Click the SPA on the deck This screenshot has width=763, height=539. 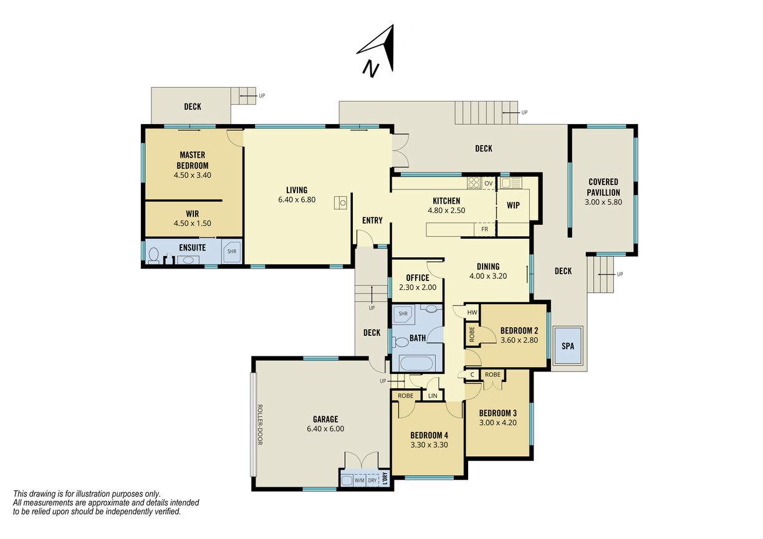pos(567,346)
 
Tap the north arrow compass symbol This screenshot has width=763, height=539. pos(379,50)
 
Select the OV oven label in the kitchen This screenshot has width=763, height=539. pos(489,183)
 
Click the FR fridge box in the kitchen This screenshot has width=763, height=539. pos(485,229)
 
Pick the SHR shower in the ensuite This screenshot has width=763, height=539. pos(232,251)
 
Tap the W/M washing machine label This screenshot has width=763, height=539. pos(359,480)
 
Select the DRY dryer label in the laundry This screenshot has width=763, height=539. pos(372,480)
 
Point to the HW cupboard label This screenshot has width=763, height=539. pos(472,313)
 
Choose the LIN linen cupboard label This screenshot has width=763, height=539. pos(433,396)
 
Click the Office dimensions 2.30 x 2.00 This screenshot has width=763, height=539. pos(418,287)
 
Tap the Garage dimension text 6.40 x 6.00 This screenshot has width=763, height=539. pos(325,429)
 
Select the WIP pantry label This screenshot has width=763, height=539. pos(513,205)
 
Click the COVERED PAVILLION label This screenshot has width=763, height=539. pos(603,187)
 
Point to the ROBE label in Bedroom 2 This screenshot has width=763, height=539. pos(472,334)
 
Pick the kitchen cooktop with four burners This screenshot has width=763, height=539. pos(474,183)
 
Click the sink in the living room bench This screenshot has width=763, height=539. pos(340,203)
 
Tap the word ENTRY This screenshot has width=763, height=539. pos(372,221)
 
